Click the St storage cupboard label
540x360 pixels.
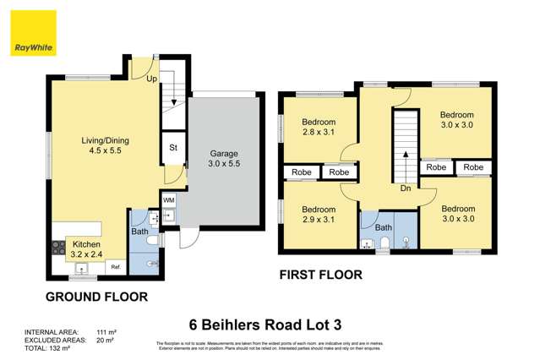point(173,147)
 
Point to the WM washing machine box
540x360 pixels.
point(169,200)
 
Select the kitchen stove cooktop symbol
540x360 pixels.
point(59,248)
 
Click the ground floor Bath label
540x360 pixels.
point(139,231)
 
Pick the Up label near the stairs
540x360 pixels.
point(152,79)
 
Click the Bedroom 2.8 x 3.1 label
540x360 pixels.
point(319,128)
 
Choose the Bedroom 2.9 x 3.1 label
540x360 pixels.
point(319,215)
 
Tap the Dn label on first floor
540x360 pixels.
point(406,188)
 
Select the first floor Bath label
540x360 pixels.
point(384,227)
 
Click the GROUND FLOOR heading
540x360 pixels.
point(96,297)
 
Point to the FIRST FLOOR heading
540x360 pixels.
point(321,275)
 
